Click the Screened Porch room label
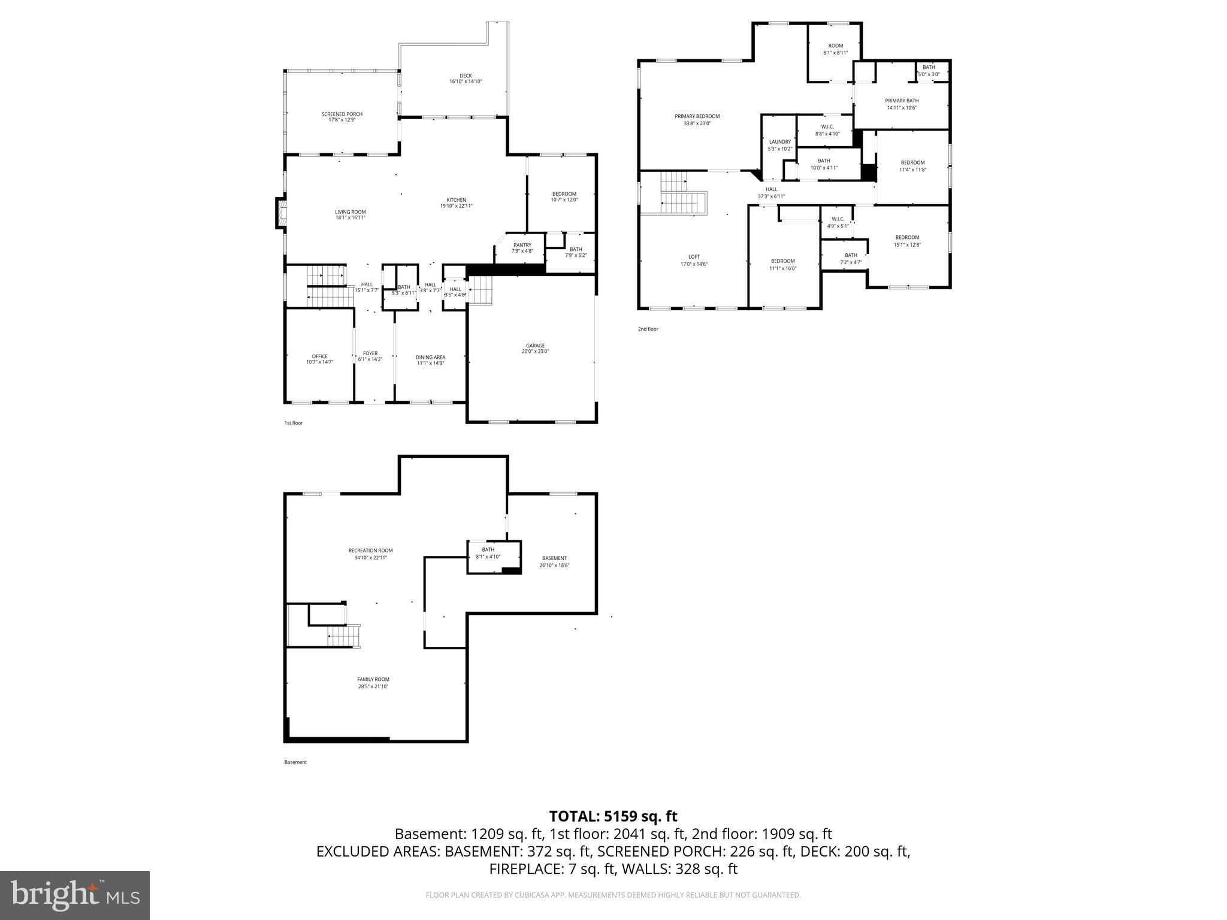[x=341, y=114]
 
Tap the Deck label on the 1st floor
[x=466, y=76]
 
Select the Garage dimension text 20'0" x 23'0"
[x=535, y=352]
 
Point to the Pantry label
[x=522, y=245]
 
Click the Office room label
[x=319, y=356]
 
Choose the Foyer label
[x=370, y=353]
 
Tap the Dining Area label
[x=430, y=358]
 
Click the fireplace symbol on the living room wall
[x=280, y=213]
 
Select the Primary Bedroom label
[x=697, y=116]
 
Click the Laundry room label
[x=779, y=142]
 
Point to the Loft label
[x=694, y=257]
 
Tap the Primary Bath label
[x=902, y=101]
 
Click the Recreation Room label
[x=370, y=550]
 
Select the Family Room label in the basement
[x=373, y=679]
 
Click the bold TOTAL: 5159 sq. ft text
[x=613, y=816]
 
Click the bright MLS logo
[x=75, y=895]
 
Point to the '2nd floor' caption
[x=648, y=329]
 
